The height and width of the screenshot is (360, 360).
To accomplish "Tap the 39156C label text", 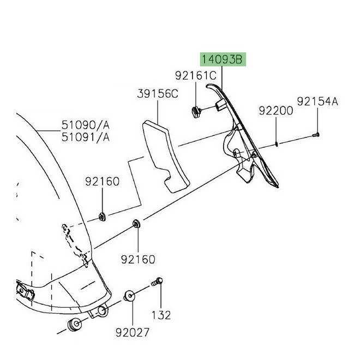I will tap(157, 94).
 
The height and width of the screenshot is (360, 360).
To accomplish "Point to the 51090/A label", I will tap(85, 126).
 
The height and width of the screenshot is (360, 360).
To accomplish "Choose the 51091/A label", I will tap(85, 137).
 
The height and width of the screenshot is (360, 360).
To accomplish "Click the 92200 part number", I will tap(275, 111).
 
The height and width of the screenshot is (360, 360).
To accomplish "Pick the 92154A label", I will tap(317, 101).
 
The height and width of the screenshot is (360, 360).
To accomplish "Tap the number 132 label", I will tap(161, 315).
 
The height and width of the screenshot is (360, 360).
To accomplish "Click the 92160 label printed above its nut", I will tap(101, 182).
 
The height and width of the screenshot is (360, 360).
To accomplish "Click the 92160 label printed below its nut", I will tap(138, 259).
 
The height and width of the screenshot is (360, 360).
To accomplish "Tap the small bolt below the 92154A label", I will tap(316, 134).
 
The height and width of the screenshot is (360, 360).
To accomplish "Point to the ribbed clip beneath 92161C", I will tap(196, 112).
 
